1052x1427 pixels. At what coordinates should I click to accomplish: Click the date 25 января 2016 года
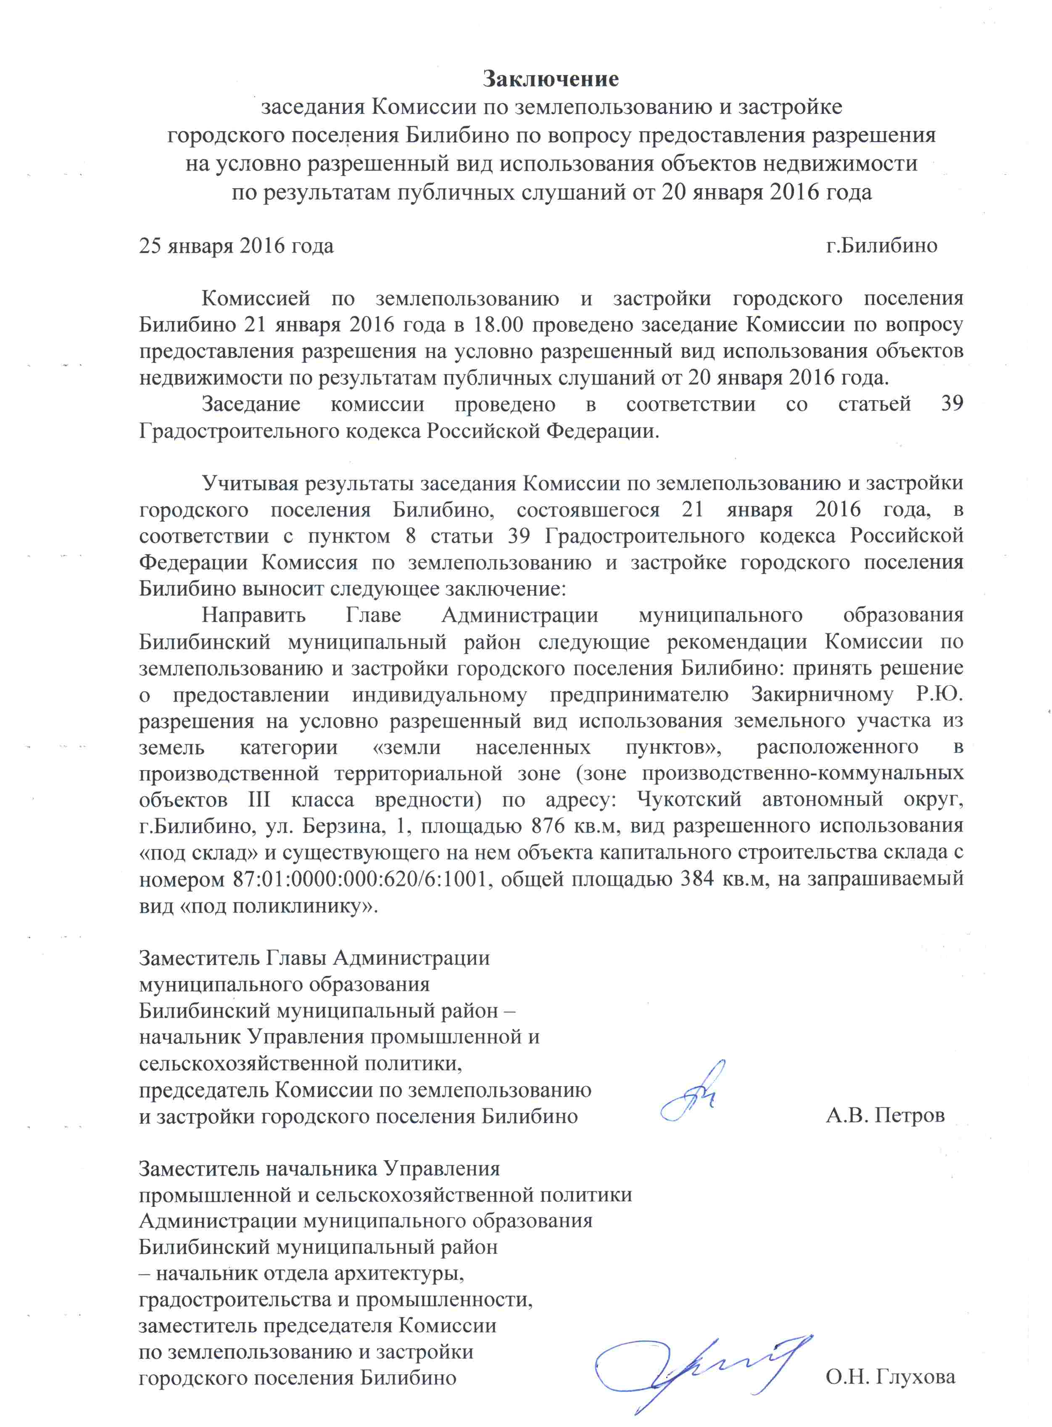tap(236, 246)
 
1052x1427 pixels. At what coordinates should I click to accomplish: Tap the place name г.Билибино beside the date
tap(881, 246)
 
